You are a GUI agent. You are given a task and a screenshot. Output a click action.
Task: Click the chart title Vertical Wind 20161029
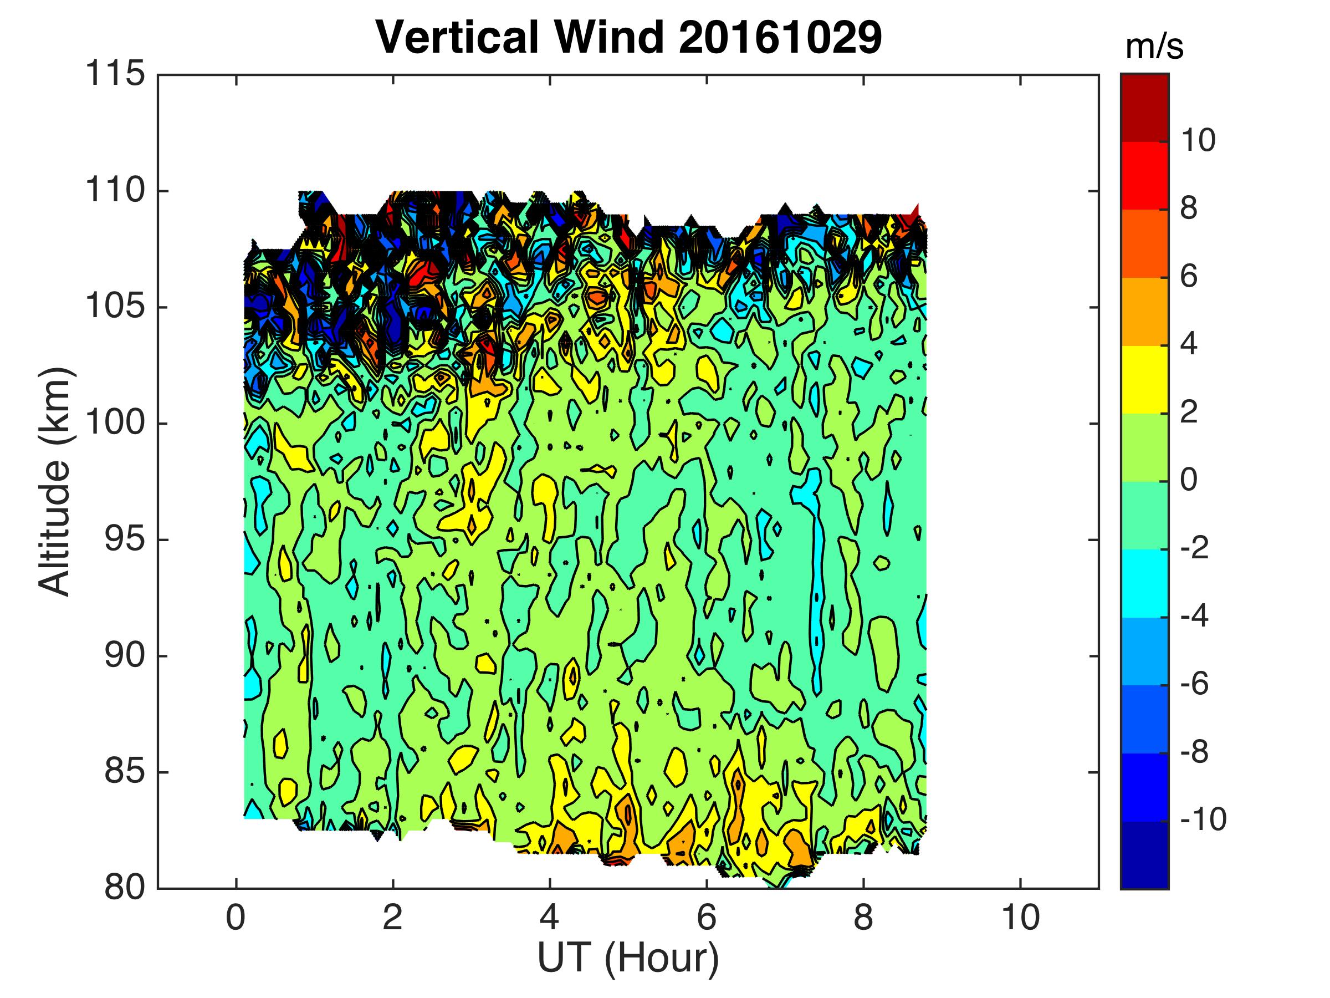[x=628, y=37]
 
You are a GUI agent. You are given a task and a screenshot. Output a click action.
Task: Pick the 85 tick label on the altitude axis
[x=125, y=772]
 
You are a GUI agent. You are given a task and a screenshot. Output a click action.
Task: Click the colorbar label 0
[x=1189, y=481]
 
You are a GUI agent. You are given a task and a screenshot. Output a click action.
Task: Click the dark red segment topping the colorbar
[x=1144, y=108]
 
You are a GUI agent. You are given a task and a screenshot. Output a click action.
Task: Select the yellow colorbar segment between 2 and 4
[x=1144, y=380]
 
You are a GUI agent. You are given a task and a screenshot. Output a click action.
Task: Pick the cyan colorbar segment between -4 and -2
[x=1144, y=583]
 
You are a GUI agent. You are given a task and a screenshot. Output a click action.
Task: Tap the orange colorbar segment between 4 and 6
[x=1144, y=312]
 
